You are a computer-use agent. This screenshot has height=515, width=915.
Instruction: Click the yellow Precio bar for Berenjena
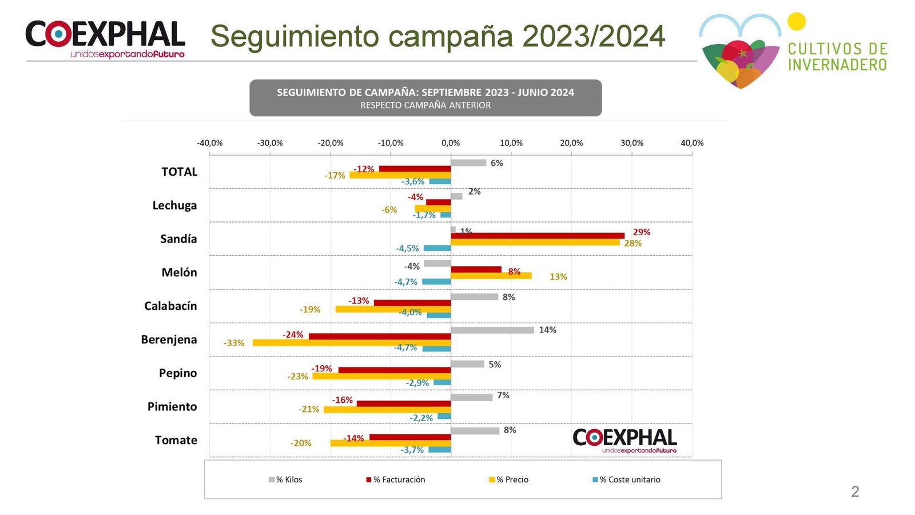point(352,343)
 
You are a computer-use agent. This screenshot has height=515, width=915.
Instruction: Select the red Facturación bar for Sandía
point(538,236)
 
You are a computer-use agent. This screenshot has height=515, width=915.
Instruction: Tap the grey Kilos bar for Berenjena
point(492,330)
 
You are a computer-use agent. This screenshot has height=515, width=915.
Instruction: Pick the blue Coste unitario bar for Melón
point(436,282)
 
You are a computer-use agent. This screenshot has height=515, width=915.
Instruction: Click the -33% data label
point(234,343)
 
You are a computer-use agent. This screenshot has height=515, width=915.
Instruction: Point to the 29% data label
point(641,232)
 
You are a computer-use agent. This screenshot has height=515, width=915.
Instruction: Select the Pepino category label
point(178,373)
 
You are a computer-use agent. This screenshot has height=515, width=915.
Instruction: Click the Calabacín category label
point(170,306)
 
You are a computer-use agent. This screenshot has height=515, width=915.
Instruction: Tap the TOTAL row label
point(179,172)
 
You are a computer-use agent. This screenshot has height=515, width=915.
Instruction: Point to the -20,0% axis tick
point(331,143)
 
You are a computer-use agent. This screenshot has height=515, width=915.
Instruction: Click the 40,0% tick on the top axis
point(692,143)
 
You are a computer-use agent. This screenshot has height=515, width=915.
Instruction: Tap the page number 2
point(855,492)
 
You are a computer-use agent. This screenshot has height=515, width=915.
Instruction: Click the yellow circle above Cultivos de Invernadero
point(796,22)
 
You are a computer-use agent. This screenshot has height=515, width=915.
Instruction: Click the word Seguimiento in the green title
point(297,37)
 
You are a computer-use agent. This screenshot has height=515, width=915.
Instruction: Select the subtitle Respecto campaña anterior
point(425,105)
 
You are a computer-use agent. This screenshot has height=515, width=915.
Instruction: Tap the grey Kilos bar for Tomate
point(475,431)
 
